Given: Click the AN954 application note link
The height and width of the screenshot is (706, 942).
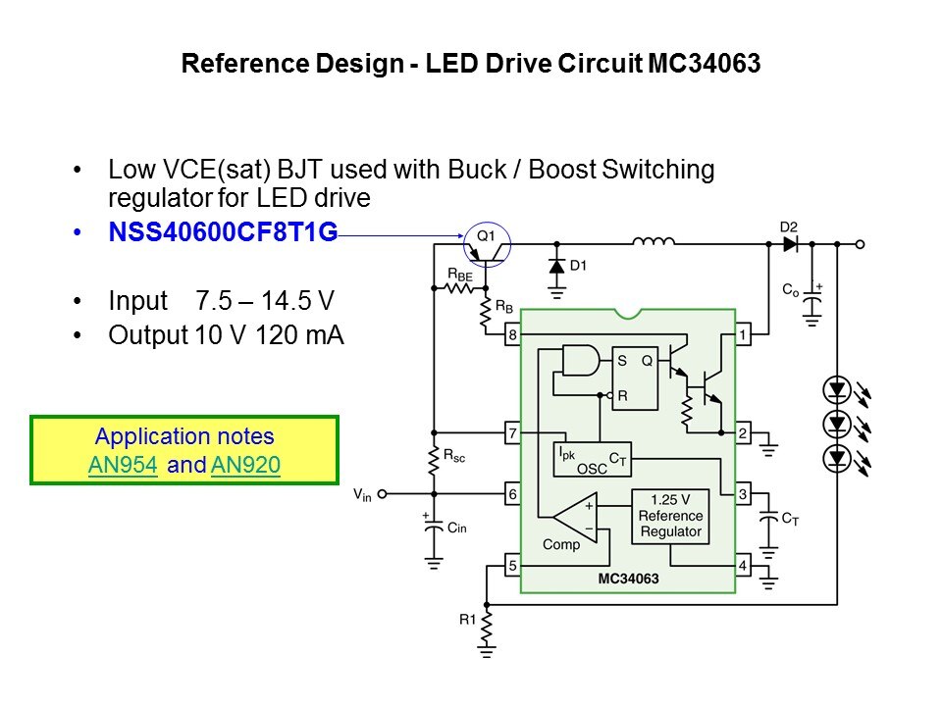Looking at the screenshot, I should coord(123,466).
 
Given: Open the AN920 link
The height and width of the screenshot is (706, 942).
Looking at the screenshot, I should coord(245,466).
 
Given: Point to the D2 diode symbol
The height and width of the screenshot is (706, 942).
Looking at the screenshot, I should coord(790,244).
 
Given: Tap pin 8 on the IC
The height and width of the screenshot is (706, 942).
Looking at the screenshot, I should coord(512,335).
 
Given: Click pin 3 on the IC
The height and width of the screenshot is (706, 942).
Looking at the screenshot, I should coord(743,494).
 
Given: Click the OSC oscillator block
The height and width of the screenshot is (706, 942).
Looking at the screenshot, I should coord(593,461).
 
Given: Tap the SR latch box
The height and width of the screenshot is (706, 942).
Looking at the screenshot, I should coord(634,378).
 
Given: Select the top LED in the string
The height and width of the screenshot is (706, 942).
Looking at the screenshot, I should coord(836,391).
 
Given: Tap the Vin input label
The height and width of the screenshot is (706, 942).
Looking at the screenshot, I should coord(363,495).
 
